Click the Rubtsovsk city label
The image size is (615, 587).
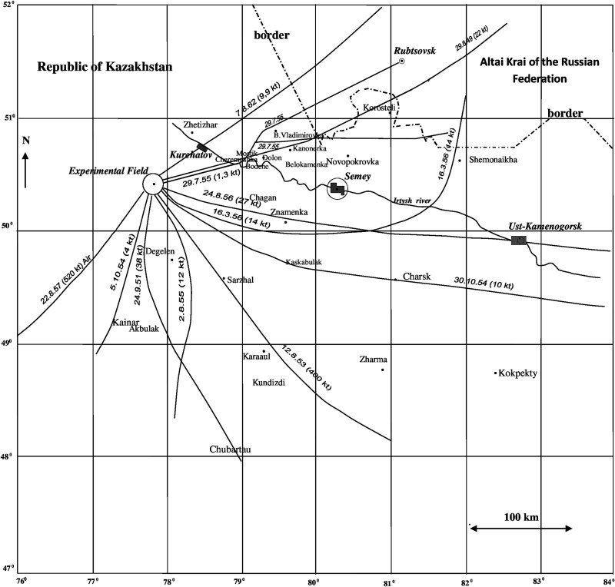[x=415, y=51]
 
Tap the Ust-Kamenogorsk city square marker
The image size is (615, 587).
[x=519, y=240]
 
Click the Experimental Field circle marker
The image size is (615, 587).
[x=153, y=184]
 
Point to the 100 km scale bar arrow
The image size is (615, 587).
[x=520, y=528]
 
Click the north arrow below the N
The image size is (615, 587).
[x=26, y=169]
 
